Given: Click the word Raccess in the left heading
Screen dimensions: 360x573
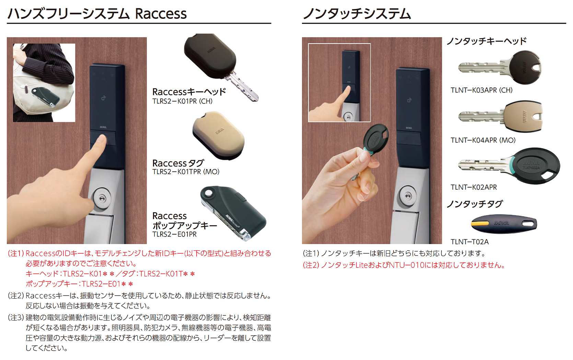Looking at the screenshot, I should pos(161,14).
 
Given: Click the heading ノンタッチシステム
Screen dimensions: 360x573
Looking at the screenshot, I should pos(356,14).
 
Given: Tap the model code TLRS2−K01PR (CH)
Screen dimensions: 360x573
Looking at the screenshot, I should pos(182,101).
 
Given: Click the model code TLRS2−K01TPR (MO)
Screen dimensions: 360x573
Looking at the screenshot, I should pos(186,172).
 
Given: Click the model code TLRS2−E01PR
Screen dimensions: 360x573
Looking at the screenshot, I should pos(174,235).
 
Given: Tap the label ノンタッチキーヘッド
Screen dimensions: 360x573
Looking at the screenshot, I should pos(486,41).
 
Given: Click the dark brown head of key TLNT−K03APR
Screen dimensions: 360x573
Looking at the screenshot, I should pos(524,68).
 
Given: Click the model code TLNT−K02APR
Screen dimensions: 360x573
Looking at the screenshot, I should pos(473,187).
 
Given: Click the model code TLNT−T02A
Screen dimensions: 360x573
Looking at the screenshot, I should pos(469,242).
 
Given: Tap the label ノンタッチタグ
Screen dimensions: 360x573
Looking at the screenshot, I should pos(474,204).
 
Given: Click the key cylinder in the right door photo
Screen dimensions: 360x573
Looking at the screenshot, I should pos(408,195).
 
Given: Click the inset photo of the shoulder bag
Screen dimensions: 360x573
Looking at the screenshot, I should pos(44,83).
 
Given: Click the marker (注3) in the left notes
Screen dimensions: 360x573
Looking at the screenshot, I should pos(16,317).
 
